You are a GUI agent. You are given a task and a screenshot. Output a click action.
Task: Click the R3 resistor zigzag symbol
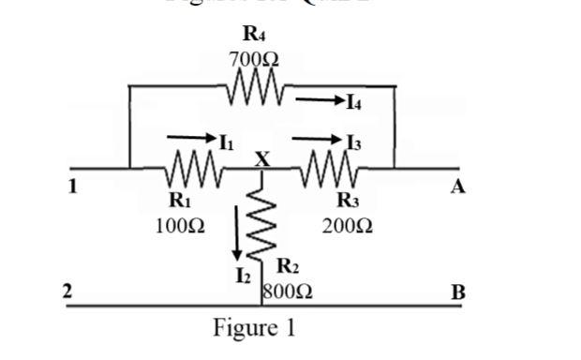[x=329, y=170]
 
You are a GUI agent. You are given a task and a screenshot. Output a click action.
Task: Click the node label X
[x=262, y=160]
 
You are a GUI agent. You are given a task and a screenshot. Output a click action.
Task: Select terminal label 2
[x=67, y=291]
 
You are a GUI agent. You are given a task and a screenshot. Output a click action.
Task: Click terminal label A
[x=457, y=187]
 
